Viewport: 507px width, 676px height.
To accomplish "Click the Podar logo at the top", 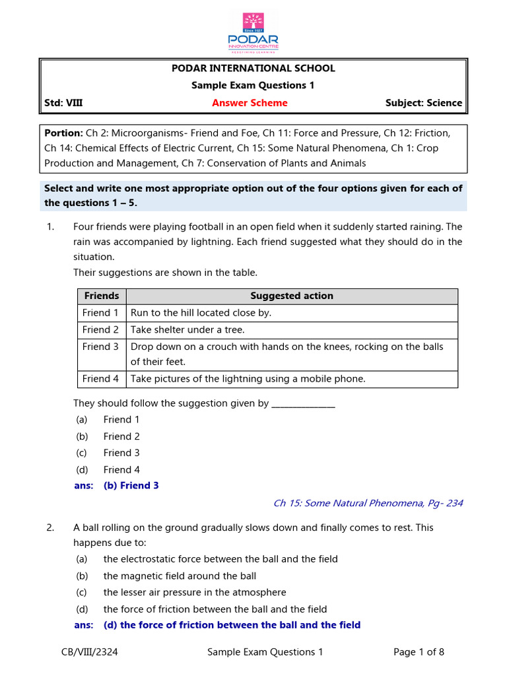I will tap(253, 31).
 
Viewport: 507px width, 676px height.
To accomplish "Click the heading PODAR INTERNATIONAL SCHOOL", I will tap(253, 69).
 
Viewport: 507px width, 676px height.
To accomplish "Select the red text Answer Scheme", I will tap(250, 103).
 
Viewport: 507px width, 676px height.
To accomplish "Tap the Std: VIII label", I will tap(63, 103).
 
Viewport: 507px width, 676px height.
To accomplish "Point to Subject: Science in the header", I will tap(423, 103).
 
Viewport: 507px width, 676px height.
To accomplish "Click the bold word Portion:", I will tap(63, 133).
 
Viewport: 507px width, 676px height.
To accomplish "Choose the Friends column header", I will tap(101, 296).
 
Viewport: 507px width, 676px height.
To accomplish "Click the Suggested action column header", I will tap(291, 296).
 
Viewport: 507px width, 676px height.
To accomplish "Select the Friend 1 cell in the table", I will tap(101, 313).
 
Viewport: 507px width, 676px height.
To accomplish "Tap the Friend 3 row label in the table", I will tap(101, 347).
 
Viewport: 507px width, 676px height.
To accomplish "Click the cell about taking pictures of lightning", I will tap(248, 379).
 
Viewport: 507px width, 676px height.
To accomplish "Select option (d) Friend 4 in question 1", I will tap(121, 470).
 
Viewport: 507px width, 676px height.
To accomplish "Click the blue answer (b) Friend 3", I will tap(131, 486).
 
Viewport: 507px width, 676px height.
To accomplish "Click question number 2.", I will tap(50, 528).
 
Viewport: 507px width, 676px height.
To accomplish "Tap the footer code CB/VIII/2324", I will tap(89, 652).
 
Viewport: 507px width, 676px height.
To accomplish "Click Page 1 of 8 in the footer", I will tap(419, 652).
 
